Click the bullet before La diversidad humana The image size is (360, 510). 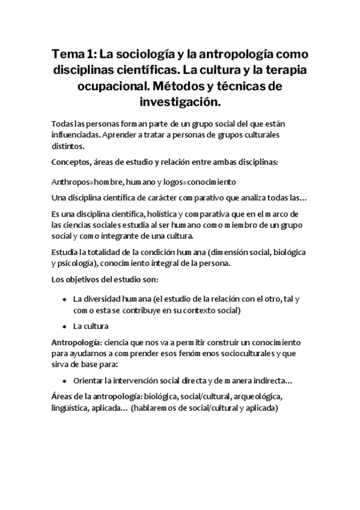point(64,300)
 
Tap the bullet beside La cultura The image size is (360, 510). point(64,327)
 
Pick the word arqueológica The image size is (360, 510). point(257,398)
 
